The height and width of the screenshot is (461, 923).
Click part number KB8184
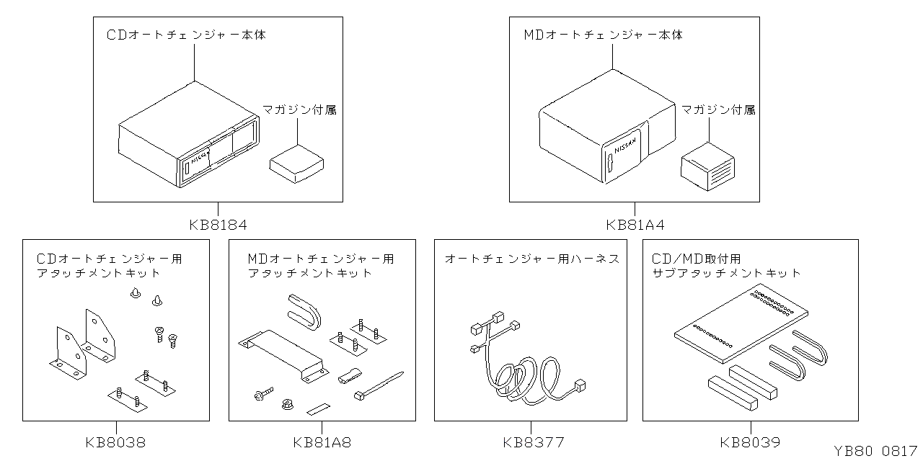[x=218, y=225]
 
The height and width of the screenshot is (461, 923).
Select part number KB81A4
[x=635, y=225]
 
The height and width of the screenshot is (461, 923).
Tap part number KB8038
[x=115, y=442]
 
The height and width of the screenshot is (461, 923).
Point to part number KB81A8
[x=322, y=442]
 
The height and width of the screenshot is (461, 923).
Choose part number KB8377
[x=534, y=442]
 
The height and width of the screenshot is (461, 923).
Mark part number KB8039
[x=750, y=442]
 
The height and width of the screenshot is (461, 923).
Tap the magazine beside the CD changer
[x=296, y=164]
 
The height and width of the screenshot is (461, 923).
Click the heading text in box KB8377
[x=531, y=258]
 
